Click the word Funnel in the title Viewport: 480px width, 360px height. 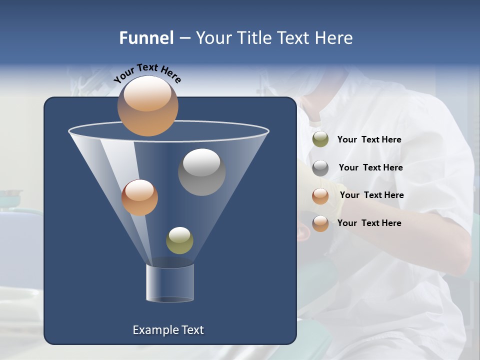(x=146, y=38)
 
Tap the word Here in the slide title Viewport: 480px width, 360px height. (x=334, y=38)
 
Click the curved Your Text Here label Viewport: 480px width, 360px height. (x=147, y=73)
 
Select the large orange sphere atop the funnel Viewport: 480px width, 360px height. (x=147, y=106)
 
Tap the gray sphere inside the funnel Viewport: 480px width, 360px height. (x=201, y=172)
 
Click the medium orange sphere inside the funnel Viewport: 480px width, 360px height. (x=139, y=197)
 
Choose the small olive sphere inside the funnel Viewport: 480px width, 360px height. (x=179, y=240)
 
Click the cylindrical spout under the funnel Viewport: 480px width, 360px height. (x=170, y=282)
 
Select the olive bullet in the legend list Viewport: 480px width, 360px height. (x=320, y=139)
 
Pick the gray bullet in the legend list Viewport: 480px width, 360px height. (x=320, y=168)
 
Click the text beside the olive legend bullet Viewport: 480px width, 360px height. (x=369, y=139)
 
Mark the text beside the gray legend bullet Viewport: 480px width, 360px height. (x=370, y=167)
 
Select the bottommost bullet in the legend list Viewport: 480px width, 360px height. (x=320, y=223)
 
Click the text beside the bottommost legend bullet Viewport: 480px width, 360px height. (x=369, y=223)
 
